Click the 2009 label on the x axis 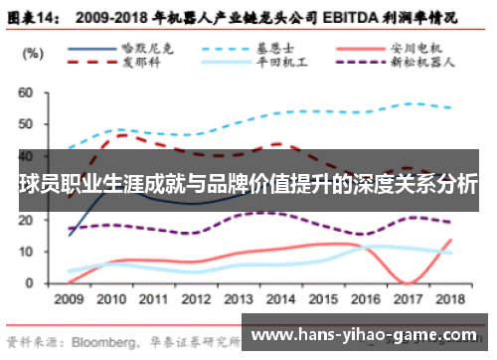(69, 297)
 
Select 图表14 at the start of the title (37, 17)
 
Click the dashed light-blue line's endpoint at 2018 (452, 108)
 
